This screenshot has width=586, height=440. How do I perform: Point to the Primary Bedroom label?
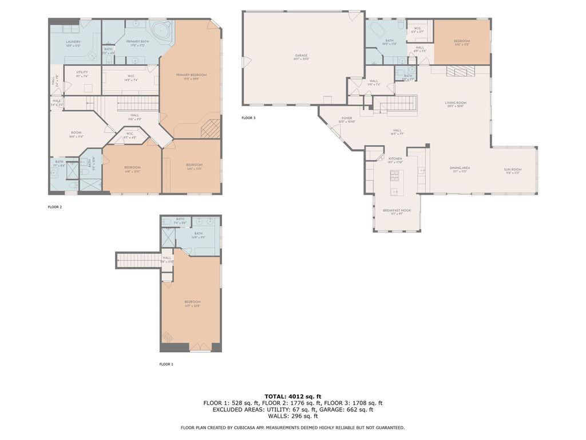point(191,75)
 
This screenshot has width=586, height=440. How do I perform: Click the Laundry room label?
point(73,42)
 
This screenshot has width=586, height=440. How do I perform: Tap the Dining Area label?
point(461,168)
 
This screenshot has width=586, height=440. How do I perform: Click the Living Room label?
point(456,103)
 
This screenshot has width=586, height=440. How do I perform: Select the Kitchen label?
point(395,159)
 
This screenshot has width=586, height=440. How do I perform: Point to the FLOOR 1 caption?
point(166,364)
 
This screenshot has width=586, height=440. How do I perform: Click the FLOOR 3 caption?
point(248,118)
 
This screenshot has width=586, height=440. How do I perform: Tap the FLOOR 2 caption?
point(55,207)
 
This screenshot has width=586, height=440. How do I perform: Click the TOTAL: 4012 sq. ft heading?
point(292,396)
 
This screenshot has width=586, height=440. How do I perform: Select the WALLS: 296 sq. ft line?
point(292,417)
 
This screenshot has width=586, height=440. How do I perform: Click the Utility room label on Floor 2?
point(82,72)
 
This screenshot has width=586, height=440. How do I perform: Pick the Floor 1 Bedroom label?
point(192,302)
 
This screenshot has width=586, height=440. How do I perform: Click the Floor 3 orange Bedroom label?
point(462,41)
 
